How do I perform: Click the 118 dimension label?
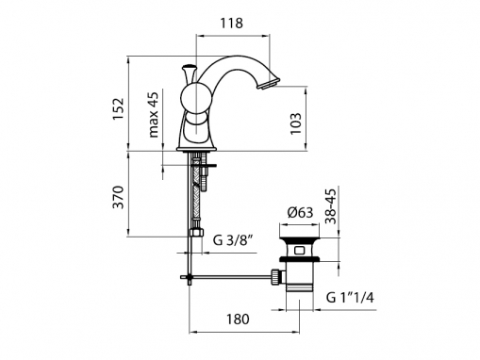(231, 24)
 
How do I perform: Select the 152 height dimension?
(119, 108)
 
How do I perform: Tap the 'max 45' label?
(154, 115)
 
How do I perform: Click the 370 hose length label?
(119, 197)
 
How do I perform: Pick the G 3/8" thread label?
(233, 240)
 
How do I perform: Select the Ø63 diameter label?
(301, 213)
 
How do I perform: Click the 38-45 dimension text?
(331, 205)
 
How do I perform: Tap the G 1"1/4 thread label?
(350, 297)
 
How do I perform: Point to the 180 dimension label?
(238, 319)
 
